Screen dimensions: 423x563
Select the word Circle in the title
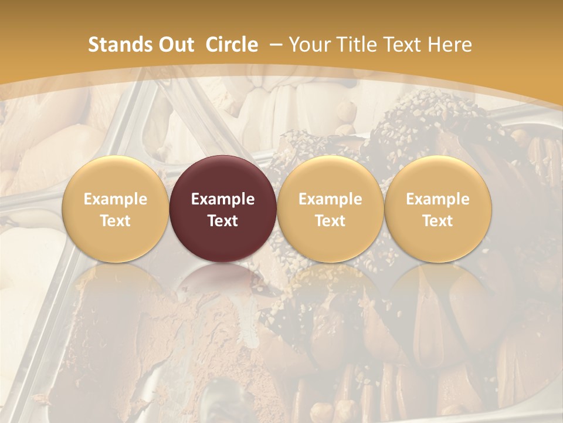coord(232,45)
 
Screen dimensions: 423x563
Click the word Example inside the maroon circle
coord(223,199)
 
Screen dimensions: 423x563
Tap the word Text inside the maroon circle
coord(223,221)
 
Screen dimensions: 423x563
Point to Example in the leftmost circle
coord(116,199)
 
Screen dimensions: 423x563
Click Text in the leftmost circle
coord(116,221)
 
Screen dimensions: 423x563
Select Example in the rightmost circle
coord(437,199)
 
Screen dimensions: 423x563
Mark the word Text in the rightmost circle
coord(437,221)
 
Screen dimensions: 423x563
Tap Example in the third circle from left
coord(330,199)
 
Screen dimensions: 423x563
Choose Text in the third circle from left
coord(330,221)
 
